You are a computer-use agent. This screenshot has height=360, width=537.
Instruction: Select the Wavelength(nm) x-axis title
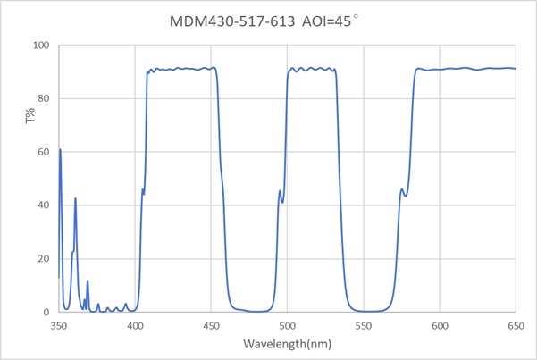[287, 343]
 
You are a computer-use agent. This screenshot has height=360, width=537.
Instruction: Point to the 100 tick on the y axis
[41, 45]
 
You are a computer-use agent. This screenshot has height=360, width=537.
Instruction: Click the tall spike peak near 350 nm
[60, 149]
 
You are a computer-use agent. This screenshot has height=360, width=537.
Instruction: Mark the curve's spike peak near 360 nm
[75, 198]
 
